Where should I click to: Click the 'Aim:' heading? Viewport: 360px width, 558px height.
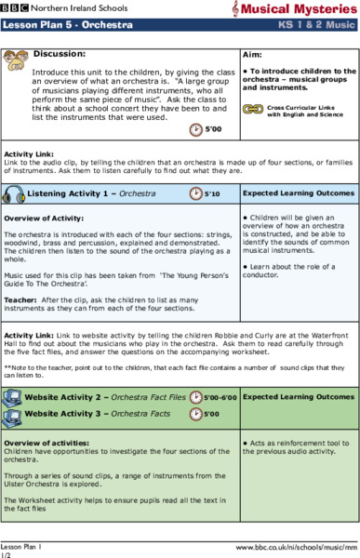[252, 55]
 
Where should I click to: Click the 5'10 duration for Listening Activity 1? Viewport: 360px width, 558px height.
[212, 193]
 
